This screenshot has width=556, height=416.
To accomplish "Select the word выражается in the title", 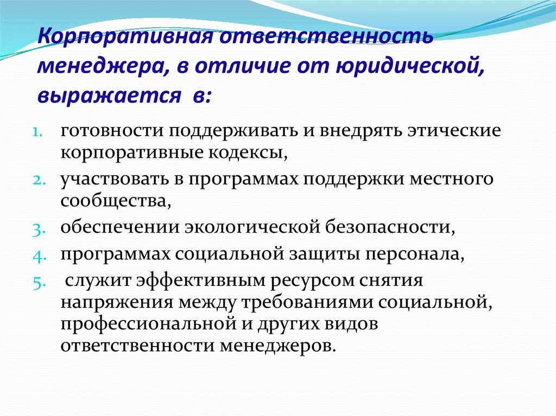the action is point(109,95).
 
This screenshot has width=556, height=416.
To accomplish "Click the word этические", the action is point(454,131).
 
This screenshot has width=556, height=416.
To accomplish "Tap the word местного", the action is point(451,180).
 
